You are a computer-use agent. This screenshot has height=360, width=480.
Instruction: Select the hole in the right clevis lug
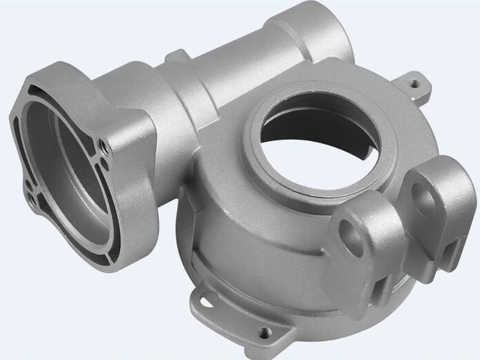[424, 201]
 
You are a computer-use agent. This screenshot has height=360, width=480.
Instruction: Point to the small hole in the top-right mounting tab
[414, 84]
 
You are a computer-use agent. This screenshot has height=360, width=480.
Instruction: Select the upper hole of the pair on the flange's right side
[103, 146]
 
